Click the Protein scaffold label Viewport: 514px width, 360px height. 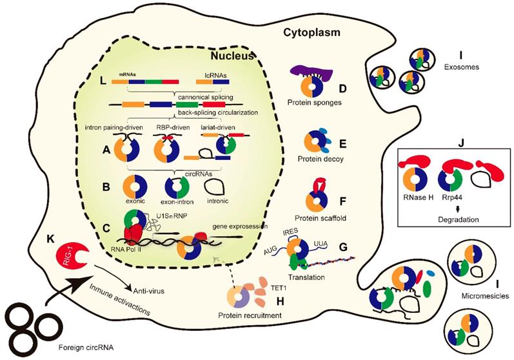[x=318, y=217]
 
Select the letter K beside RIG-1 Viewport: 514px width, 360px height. [x=50, y=239]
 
